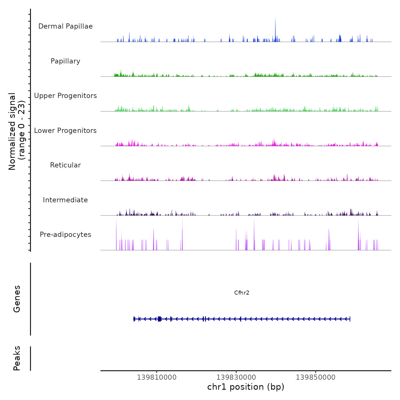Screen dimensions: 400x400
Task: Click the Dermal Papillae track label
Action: (65, 26)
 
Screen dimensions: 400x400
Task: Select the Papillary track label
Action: (65, 61)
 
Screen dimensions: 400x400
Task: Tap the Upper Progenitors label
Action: (65, 96)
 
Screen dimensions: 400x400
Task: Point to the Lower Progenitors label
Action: (65, 131)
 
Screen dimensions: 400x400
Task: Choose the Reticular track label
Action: (65, 165)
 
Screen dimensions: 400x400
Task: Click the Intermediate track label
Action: (65, 200)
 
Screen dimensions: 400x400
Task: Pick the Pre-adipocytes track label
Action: (65, 235)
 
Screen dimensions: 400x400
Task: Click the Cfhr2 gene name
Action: (242, 293)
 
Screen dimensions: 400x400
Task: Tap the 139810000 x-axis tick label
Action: (157, 377)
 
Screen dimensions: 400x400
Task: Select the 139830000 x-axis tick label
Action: (236, 377)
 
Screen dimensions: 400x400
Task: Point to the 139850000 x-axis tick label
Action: (316, 377)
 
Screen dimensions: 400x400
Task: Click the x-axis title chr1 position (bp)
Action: (246, 387)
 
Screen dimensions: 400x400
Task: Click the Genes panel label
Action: (17, 299)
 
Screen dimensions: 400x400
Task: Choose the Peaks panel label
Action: (17, 358)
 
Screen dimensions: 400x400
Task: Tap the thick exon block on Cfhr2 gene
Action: (159, 319)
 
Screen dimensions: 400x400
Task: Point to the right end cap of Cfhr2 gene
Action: (350, 319)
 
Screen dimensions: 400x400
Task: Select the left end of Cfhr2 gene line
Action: (134, 319)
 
